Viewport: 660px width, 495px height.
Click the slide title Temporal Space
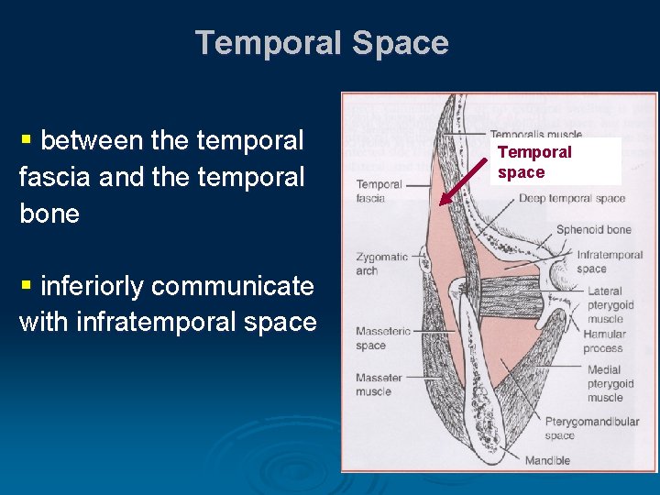[322, 43]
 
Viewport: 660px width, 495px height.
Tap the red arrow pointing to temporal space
[464, 181]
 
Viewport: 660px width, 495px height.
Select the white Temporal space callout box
[555, 162]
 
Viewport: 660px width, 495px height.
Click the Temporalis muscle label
[535, 135]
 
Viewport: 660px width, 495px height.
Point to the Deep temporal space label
[571, 198]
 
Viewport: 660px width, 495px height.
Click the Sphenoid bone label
[593, 229]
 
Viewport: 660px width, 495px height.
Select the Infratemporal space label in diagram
[610, 261]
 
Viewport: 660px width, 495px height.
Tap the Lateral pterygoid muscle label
[604, 305]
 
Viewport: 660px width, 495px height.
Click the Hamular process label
[604, 341]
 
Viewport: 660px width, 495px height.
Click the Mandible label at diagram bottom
[548, 460]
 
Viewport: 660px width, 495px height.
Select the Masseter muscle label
[379, 384]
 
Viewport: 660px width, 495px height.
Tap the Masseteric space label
[379, 338]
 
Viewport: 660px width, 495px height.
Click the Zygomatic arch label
[381, 264]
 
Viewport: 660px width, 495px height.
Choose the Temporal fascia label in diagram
[378, 192]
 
